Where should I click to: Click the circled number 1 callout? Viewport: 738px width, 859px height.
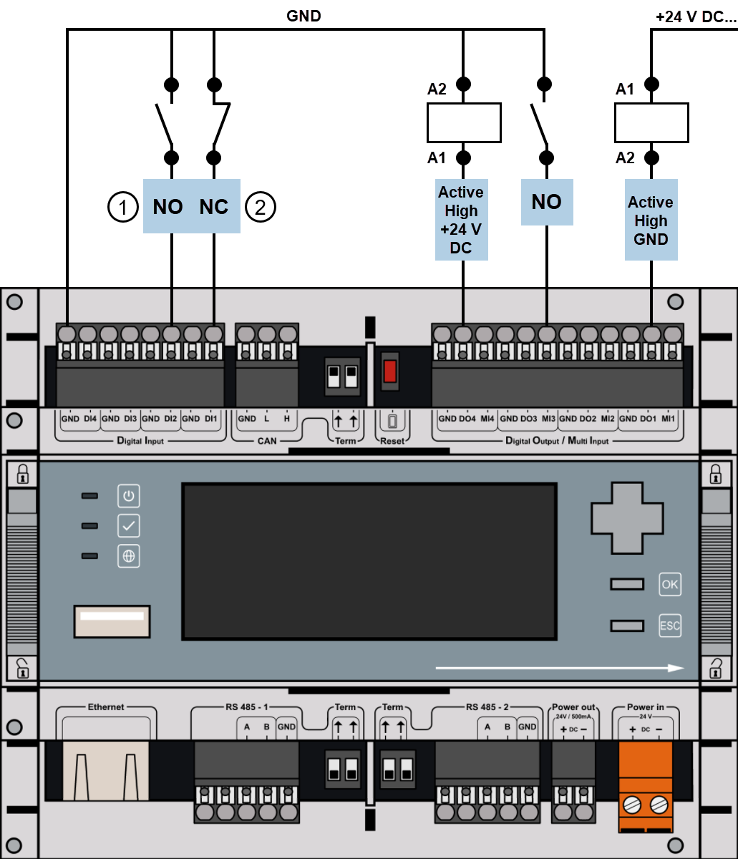point(122,208)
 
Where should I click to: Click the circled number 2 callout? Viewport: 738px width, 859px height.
point(261,208)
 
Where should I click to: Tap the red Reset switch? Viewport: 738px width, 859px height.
point(390,372)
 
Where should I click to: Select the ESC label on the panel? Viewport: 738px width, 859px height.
point(670,626)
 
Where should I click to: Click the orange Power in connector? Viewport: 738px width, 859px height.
point(646,786)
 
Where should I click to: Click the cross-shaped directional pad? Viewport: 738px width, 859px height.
point(626,517)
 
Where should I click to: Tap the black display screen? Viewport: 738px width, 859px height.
point(369,561)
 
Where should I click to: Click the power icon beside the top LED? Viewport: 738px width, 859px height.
point(129,495)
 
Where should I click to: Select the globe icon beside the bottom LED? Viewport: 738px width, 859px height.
point(129,556)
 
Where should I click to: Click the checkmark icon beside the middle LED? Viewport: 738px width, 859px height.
point(129,526)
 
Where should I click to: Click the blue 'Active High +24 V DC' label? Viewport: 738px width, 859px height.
point(461,220)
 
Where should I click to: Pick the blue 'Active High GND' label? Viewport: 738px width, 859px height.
point(651,220)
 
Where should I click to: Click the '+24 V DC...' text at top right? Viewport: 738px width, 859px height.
point(695,17)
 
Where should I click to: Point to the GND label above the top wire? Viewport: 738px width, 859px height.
point(304,16)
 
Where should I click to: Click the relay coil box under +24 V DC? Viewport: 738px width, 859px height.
point(651,122)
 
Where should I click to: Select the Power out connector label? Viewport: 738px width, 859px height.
point(573,707)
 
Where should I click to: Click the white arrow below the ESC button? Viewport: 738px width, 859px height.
point(559,668)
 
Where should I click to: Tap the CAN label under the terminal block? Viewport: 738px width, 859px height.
point(266,441)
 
